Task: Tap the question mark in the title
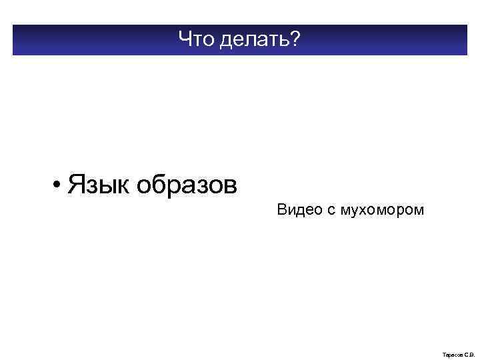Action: [x=295, y=41]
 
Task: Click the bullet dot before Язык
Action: [x=59, y=184]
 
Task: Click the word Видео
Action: [x=299, y=211]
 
